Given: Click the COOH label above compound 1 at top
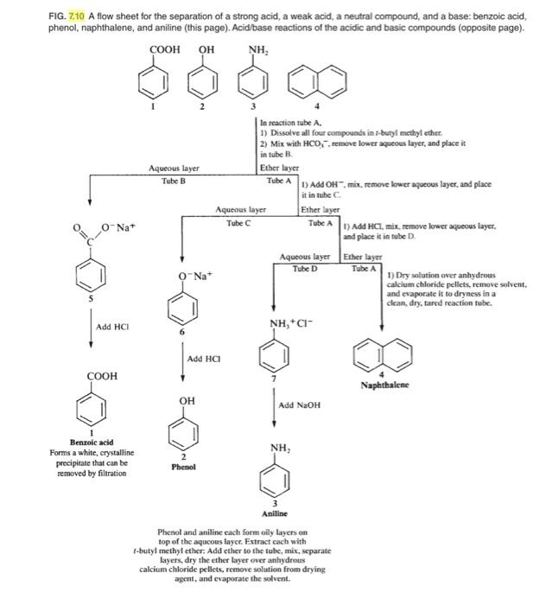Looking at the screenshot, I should (x=164, y=49).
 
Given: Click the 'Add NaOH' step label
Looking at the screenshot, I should (x=300, y=404).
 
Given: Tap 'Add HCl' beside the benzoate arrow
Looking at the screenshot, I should (x=114, y=326).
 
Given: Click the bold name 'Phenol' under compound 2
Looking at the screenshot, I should (x=183, y=467).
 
